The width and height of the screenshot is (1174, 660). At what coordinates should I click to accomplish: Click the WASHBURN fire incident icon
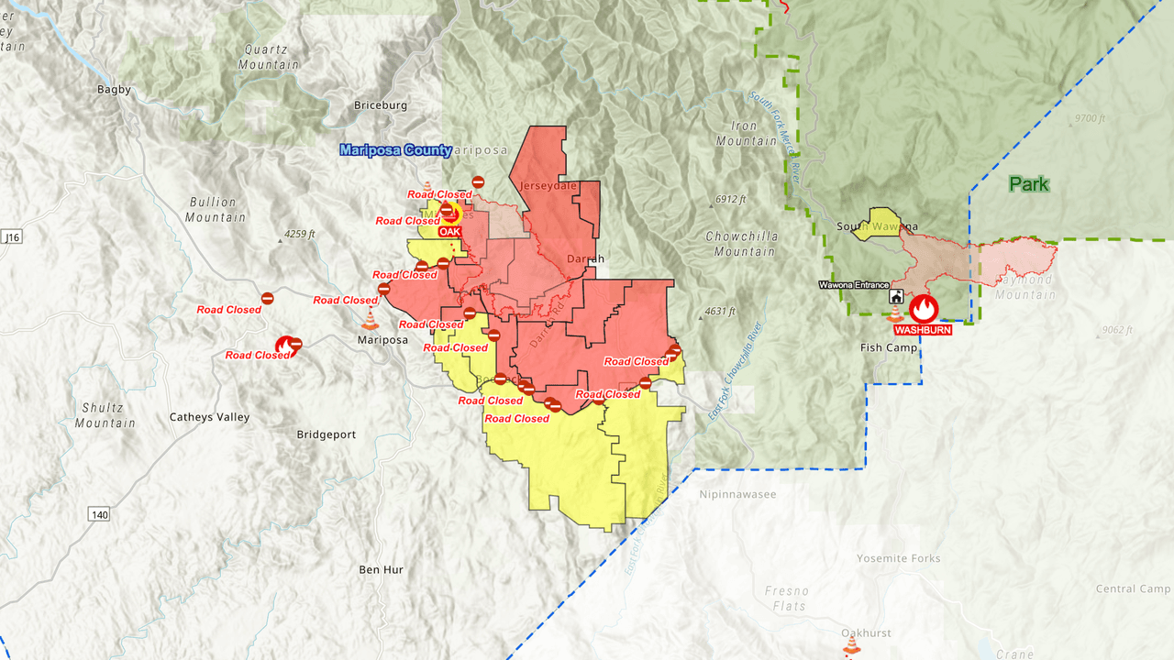pyautogui.click(x=924, y=308)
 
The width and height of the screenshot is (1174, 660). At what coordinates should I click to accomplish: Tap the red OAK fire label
pyautogui.click(x=449, y=232)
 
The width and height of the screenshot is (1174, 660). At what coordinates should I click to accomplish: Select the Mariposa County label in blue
pyautogui.click(x=395, y=150)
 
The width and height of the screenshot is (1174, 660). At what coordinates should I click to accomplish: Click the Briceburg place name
pyautogui.click(x=381, y=105)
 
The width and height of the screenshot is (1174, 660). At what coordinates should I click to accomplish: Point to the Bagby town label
pyautogui.click(x=114, y=90)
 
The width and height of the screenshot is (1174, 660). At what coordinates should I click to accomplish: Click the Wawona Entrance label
pyautogui.click(x=854, y=285)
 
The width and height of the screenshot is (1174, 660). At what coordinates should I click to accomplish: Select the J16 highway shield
pyautogui.click(x=11, y=237)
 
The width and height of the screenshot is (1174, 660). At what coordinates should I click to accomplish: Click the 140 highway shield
pyautogui.click(x=99, y=515)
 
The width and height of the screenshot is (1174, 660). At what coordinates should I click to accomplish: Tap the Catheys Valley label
pyautogui.click(x=209, y=417)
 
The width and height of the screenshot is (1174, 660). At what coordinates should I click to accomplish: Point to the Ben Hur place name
pyautogui.click(x=381, y=569)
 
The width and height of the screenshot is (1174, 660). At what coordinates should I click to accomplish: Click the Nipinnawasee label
pyautogui.click(x=737, y=494)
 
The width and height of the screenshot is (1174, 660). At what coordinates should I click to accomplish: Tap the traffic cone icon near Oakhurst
pyautogui.click(x=852, y=646)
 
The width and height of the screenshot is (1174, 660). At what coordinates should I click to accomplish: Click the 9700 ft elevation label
pyautogui.click(x=1091, y=119)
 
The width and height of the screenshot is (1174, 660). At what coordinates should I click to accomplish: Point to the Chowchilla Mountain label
pyautogui.click(x=741, y=244)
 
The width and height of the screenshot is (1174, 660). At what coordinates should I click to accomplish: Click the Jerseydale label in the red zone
pyautogui.click(x=548, y=186)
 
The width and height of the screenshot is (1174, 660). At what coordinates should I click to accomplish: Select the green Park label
pyautogui.click(x=1028, y=184)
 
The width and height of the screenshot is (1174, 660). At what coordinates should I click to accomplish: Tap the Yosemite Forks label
pyautogui.click(x=898, y=558)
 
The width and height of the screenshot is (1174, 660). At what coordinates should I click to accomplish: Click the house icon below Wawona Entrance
pyautogui.click(x=896, y=298)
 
